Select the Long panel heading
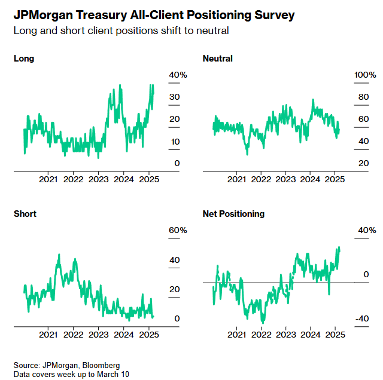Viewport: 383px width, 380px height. coord(24,59)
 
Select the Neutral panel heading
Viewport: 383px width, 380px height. coord(218,59)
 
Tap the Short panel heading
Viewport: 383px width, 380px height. coord(25,214)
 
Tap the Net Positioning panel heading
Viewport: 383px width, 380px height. coord(233,214)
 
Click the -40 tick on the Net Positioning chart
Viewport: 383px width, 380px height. coord(346,318)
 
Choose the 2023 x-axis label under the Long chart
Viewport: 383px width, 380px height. coord(98,179)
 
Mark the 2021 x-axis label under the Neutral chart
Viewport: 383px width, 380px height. coord(237,179)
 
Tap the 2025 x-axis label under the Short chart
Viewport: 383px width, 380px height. coord(148,334)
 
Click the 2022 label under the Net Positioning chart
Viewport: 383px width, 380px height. coord(262,334)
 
